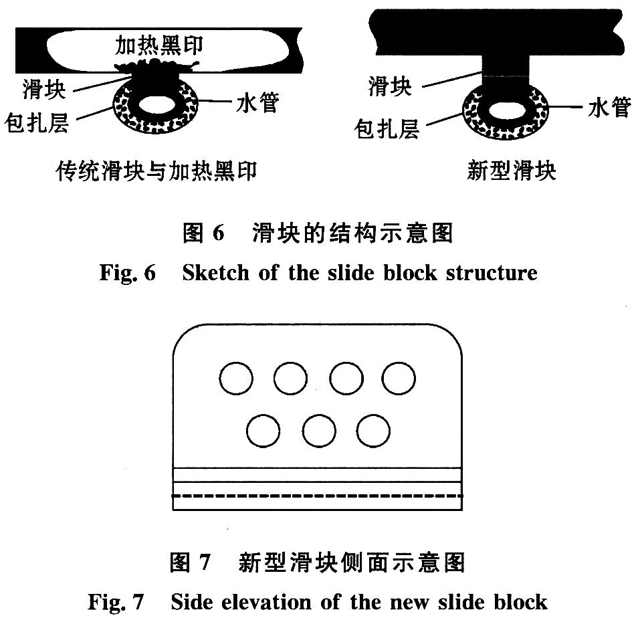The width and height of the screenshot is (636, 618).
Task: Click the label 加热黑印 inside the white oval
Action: click(x=158, y=45)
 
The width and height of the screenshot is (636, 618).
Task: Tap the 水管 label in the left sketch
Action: click(x=257, y=102)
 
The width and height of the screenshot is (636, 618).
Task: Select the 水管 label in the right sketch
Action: click(x=610, y=107)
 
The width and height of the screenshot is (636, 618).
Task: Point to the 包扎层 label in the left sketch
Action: click(x=37, y=122)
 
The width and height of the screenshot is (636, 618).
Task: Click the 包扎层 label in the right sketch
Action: click(x=386, y=129)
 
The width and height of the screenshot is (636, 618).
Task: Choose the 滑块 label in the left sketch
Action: click(x=44, y=89)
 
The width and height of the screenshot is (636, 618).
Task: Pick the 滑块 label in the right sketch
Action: click(x=390, y=86)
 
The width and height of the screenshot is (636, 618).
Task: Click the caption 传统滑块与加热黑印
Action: click(x=156, y=171)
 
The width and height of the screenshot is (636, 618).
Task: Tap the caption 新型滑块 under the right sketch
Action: click(x=511, y=171)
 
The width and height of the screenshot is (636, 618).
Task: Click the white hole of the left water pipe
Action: click(x=157, y=105)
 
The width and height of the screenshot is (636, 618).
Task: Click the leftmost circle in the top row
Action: click(x=236, y=378)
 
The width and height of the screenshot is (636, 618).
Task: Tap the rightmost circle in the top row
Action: click(x=399, y=378)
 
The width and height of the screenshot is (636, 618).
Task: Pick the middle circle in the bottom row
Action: click(x=319, y=431)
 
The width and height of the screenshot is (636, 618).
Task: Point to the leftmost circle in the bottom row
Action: click(x=263, y=431)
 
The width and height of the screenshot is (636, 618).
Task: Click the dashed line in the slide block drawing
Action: click(x=318, y=496)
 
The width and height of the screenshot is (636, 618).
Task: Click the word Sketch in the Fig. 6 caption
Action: click(x=216, y=272)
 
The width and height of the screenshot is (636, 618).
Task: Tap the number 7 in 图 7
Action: click(x=205, y=562)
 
